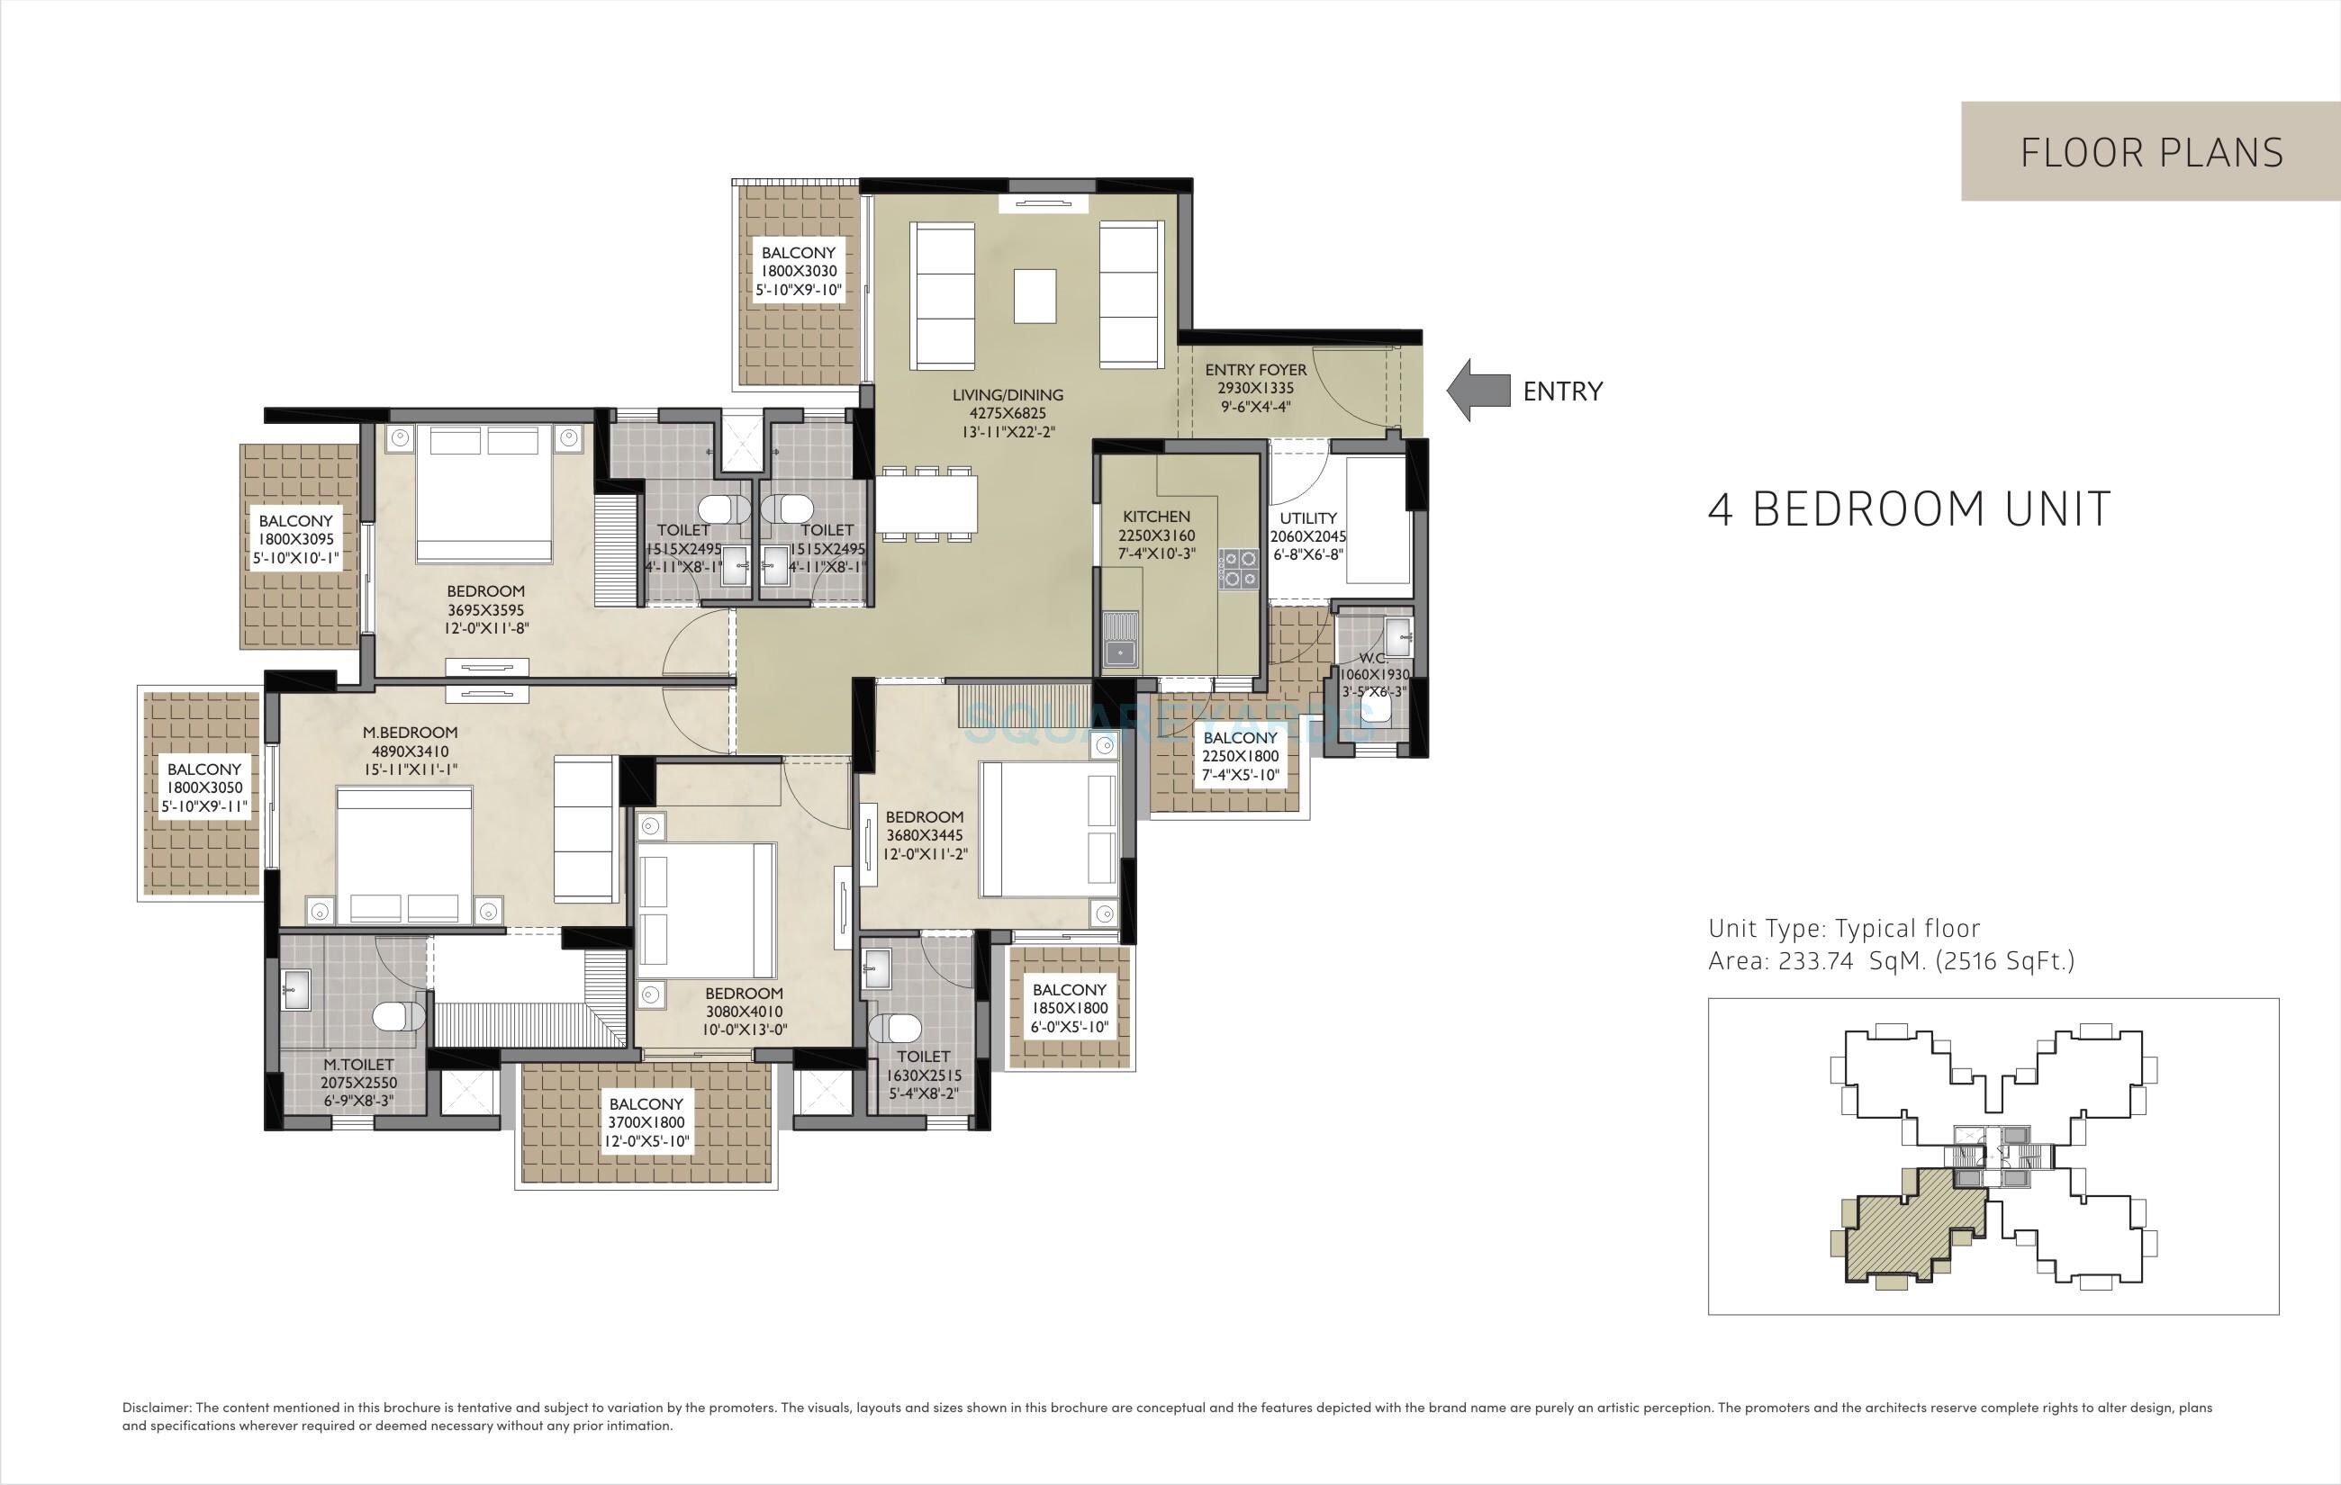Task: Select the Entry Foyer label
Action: click(1255, 370)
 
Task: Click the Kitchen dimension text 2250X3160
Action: click(1156, 535)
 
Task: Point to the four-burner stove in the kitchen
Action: click(1239, 568)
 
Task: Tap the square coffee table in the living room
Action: click(1035, 295)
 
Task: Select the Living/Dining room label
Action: click(1008, 394)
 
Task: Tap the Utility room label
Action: click(1307, 518)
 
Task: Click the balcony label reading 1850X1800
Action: click(1070, 1008)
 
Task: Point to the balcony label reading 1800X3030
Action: click(798, 271)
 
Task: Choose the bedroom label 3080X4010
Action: click(744, 1012)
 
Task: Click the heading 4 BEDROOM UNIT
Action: click(1910, 509)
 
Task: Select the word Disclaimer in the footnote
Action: click(157, 1408)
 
